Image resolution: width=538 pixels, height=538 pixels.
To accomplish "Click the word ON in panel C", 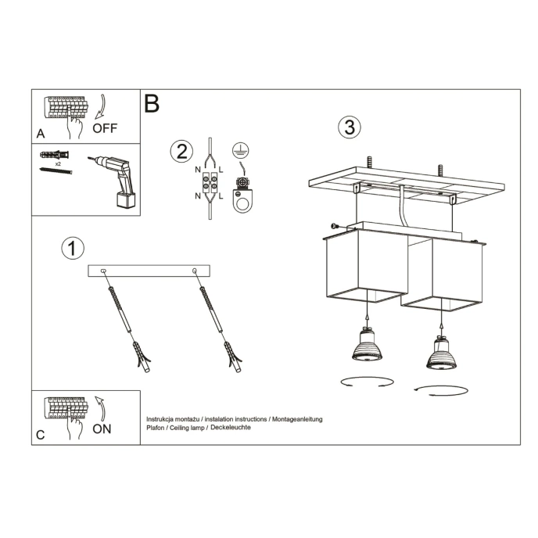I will (102, 428).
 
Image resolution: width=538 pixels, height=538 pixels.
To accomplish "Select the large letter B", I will (152, 103).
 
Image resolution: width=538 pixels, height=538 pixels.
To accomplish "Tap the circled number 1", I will (72, 249).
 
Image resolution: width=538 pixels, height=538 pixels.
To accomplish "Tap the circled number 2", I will (181, 150).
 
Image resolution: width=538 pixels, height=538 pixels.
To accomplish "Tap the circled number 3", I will (350, 127).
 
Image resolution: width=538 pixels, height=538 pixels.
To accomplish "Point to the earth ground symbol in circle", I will (240, 151).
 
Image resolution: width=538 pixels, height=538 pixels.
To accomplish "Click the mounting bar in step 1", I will (149, 271).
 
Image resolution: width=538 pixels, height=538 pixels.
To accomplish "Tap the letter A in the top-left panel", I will (41, 133).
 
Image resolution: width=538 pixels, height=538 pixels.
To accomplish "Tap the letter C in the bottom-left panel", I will (40, 436).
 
